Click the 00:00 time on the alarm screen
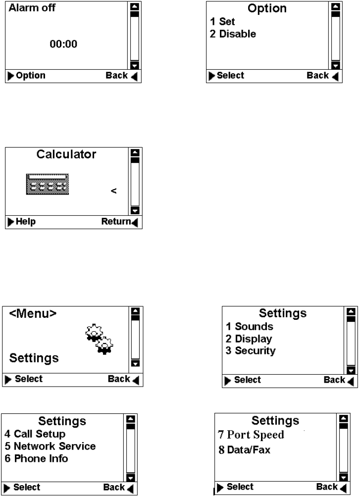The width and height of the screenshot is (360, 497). click(x=64, y=45)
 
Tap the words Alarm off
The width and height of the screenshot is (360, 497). click(x=31, y=8)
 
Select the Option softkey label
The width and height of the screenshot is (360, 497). click(x=30, y=76)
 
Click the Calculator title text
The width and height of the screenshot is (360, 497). click(x=66, y=154)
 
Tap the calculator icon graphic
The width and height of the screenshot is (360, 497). click(x=47, y=184)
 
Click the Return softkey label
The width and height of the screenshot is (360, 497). click(x=116, y=222)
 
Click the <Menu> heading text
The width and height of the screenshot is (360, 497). click(x=33, y=314)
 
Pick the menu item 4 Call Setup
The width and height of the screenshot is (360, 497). click(x=35, y=434)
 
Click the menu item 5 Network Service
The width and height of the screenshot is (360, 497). click(x=50, y=447)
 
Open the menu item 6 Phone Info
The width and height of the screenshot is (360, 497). click(x=37, y=459)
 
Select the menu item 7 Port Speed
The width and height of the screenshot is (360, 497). click(x=251, y=435)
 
